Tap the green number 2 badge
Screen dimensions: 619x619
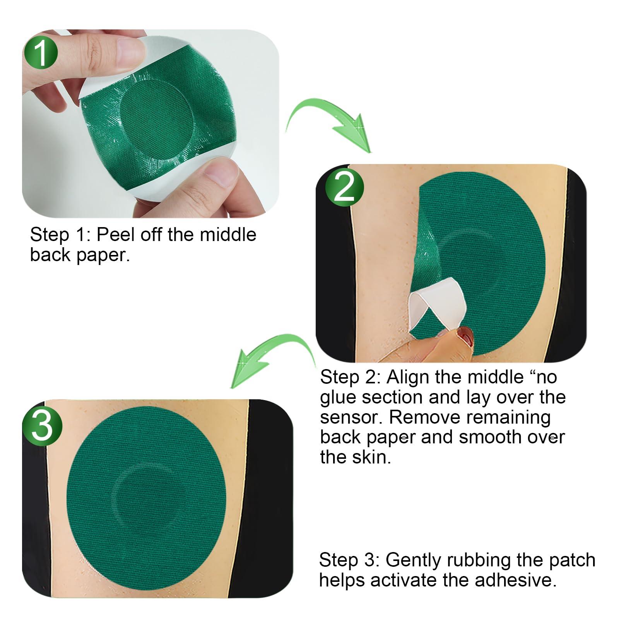pos(344,186)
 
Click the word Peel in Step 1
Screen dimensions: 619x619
pos(115,235)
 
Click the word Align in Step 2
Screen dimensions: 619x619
pos(407,376)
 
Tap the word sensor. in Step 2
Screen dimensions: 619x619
pos(351,417)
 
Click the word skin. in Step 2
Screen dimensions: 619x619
pos(371,457)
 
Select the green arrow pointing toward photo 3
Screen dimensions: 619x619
pos(271,356)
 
